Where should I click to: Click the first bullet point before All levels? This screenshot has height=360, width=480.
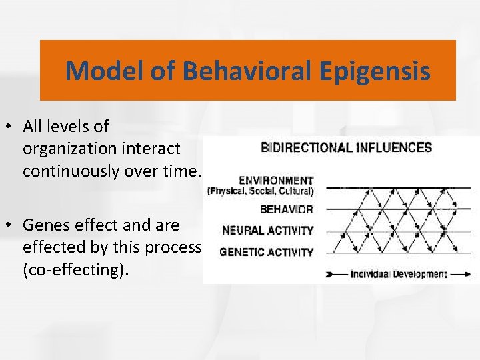(12, 127)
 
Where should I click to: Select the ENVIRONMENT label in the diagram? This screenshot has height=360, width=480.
(275, 180)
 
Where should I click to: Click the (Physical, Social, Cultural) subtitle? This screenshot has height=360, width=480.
(261, 190)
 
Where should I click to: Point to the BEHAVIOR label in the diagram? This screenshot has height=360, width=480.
(287, 209)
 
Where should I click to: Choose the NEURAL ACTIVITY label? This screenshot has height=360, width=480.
(267, 231)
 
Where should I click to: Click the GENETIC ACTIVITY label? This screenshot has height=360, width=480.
(266, 252)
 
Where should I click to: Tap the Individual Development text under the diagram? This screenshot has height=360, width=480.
(399, 274)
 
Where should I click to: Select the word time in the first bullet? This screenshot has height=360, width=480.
(183, 171)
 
